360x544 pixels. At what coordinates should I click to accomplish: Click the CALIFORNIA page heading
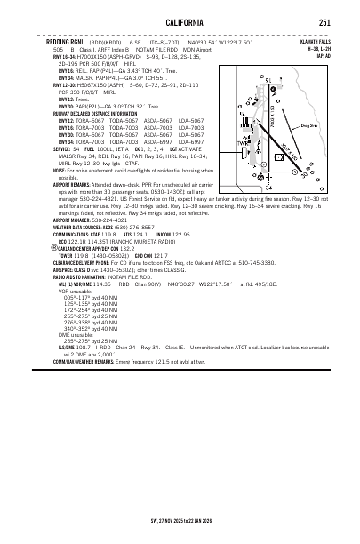coord(181,23)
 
